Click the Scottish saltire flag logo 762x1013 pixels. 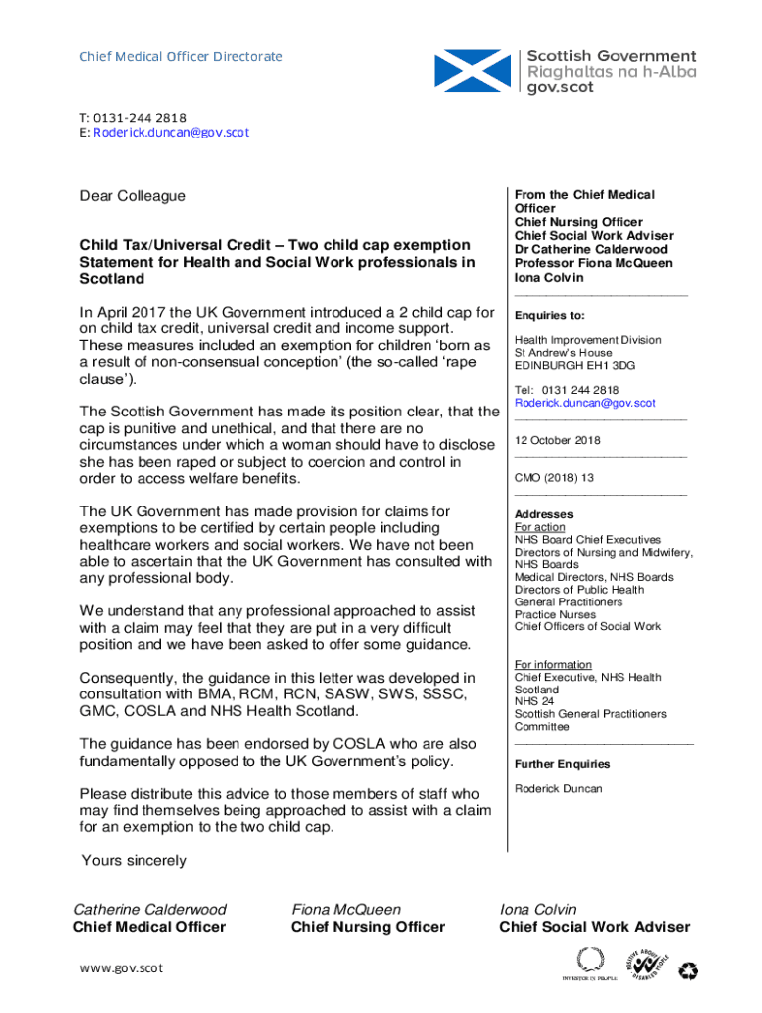click(474, 71)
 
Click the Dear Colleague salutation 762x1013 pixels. click(133, 196)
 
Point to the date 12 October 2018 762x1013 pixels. click(557, 441)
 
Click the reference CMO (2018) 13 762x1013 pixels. click(554, 478)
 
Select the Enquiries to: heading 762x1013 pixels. click(549, 316)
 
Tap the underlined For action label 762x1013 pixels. click(540, 528)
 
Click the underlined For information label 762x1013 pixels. click(553, 665)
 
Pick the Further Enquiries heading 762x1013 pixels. click(562, 764)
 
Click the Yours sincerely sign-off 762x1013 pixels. click(135, 861)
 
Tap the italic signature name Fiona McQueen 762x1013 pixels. click(346, 910)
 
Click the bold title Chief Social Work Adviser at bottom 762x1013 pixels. click(595, 928)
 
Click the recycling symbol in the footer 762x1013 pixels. click(688, 972)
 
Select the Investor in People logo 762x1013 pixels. click(590, 963)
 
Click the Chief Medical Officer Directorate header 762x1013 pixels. click(181, 57)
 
